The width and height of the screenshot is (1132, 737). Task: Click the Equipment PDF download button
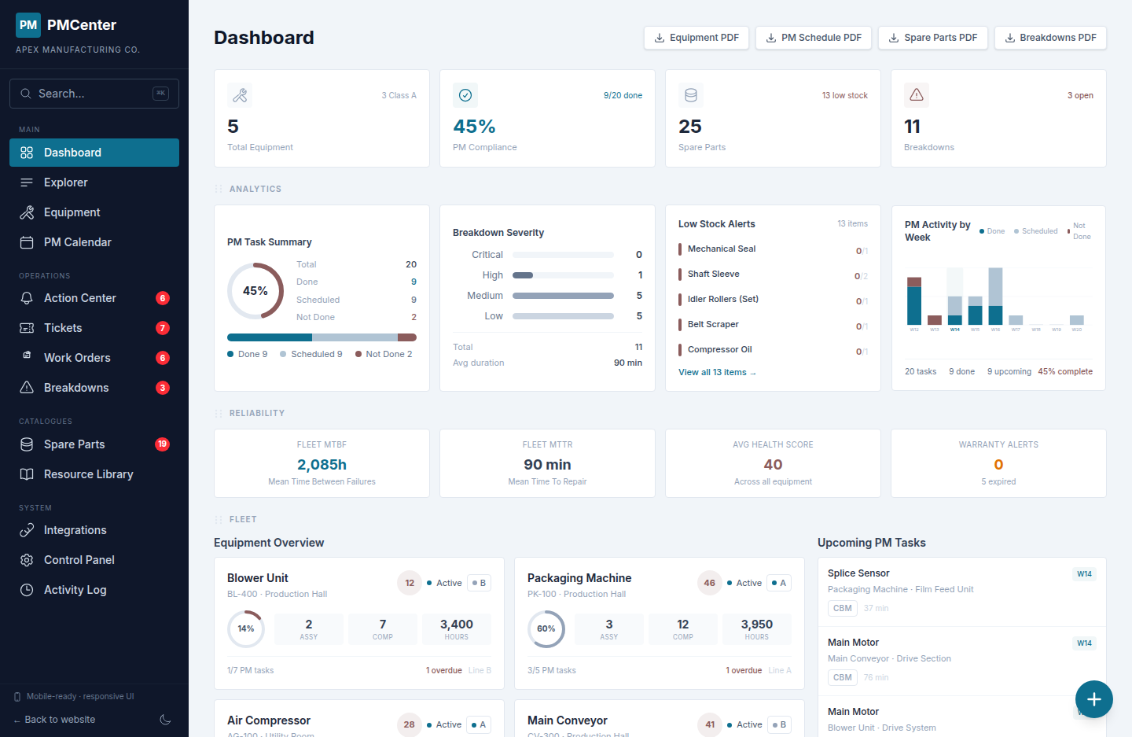[696, 38]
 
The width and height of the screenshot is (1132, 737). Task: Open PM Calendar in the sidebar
[77, 242]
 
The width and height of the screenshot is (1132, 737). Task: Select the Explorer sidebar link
[65, 182]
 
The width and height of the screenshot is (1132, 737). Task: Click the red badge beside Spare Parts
[162, 444]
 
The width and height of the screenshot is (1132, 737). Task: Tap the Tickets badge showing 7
[162, 328]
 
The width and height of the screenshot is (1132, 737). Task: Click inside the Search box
[94, 94]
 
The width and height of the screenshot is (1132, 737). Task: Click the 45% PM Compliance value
[474, 127]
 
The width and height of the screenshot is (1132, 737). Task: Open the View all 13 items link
[716, 373]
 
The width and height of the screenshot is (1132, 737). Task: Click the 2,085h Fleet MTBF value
[322, 465]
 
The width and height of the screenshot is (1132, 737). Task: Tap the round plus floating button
[1093, 699]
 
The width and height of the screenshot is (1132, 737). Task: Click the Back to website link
[59, 720]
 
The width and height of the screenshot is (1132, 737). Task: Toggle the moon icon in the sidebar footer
[165, 720]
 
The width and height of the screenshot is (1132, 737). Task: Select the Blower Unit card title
[258, 578]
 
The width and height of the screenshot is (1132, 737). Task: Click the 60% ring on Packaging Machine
[546, 629]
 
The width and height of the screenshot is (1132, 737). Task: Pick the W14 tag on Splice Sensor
[1084, 574]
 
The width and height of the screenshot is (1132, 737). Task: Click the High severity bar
[563, 275]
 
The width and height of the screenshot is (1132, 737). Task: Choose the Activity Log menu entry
[75, 590]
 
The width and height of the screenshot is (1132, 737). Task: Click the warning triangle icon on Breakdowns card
[917, 95]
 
